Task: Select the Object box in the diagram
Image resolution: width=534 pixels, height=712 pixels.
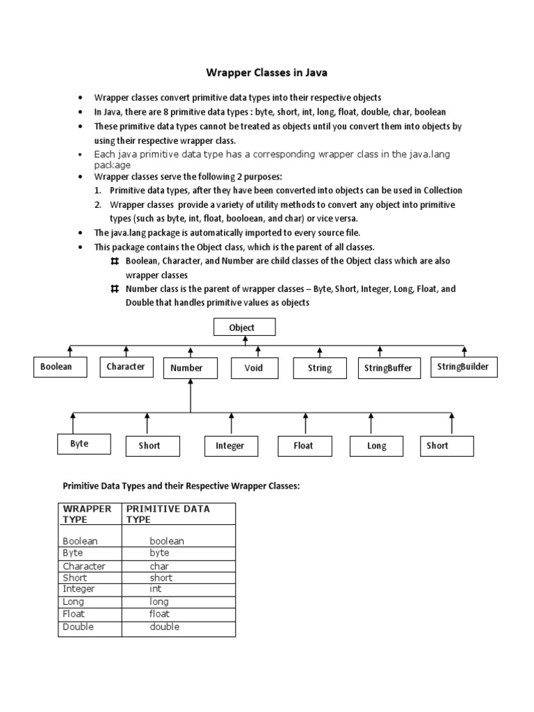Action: pyautogui.click(x=242, y=327)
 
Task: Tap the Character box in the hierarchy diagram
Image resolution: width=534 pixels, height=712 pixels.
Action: pyautogui.click(x=126, y=366)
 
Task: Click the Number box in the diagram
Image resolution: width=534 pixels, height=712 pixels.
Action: pyautogui.click(x=186, y=369)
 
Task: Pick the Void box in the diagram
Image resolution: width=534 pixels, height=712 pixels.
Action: pyautogui.click(x=254, y=368)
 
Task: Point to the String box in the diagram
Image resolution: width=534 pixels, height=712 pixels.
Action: pyautogui.click(x=319, y=369)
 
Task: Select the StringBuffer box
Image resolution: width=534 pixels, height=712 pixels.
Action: pyautogui.click(x=388, y=369)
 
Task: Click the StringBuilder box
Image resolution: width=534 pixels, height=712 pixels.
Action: pyautogui.click(x=464, y=366)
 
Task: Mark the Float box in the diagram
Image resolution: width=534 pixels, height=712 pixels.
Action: pyautogui.click(x=304, y=446)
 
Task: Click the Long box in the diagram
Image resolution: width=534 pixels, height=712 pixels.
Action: pyautogui.click(x=377, y=446)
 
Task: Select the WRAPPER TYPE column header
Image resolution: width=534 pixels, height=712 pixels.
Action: pyautogui.click(x=87, y=514)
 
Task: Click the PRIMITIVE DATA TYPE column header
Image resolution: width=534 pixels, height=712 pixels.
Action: pyautogui.click(x=168, y=514)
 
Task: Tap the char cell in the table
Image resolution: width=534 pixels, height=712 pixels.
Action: pyautogui.click(x=160, y=566)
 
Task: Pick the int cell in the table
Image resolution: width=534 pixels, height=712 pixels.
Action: pyautogui.click(x=155, y=589)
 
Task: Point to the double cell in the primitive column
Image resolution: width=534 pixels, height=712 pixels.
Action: pyautogui.click(x=165, y=626)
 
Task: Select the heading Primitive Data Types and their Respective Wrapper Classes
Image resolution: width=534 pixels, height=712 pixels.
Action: pyautogui.click(x=181, y=485)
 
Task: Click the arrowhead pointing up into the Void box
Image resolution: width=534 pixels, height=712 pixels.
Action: pyautogui.click(x=257, y=349)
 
